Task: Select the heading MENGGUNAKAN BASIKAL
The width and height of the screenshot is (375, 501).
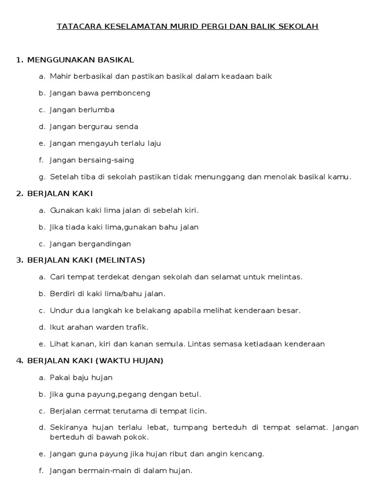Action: click(x=81, y=60)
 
